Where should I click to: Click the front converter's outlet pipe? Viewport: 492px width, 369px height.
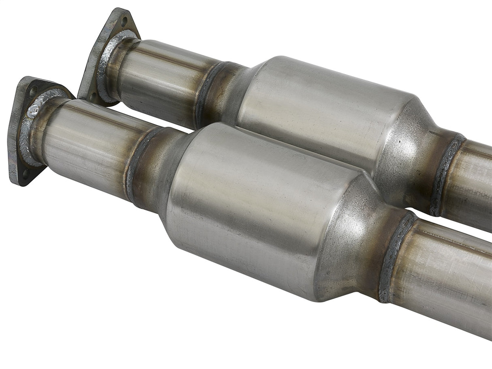point(446,279)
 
